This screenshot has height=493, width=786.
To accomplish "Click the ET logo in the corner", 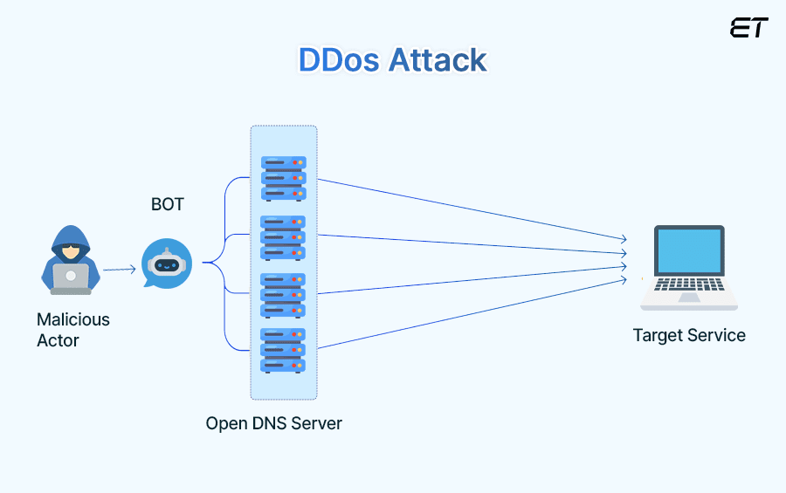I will click(x=748, y=28).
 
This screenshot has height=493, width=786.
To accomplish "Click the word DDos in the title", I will click(x=340, y=60).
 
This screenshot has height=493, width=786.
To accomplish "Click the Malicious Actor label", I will click(x=73, y=330).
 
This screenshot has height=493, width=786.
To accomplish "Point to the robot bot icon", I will click(x=166, y=264).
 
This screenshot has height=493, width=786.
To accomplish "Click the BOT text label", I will click(x=168, y=204).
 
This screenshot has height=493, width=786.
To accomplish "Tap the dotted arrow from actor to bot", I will click(x=120, y=270).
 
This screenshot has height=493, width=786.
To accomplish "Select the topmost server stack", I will click(x=284, y=178).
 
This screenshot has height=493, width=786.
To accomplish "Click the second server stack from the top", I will click(x=284, y=237).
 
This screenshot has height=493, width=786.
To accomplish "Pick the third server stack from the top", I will click(x=284, y=295).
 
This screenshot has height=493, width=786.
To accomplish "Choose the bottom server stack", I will click(x=284, y=351).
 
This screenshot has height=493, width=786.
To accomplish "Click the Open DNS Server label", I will click(x=273, y=423).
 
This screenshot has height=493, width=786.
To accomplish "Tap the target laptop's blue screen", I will click(x=689, y=250).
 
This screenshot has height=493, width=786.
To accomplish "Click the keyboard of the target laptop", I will click(x=689, y=285).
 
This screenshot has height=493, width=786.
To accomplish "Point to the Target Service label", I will click(x=689, y=335).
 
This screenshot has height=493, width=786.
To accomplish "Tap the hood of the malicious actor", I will click(x=71, y=234).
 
